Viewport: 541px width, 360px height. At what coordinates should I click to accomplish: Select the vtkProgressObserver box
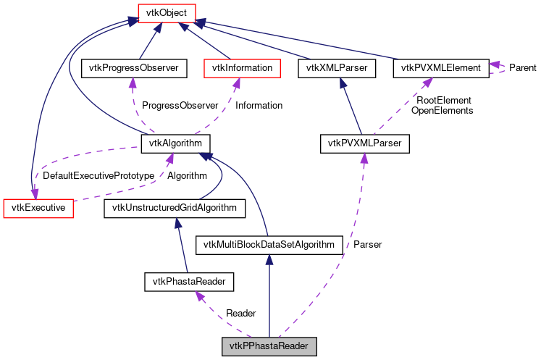(x=134, y=69)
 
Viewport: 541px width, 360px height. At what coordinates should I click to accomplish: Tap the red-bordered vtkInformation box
(x=242, y=69)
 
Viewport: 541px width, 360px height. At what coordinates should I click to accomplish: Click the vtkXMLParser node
(x=337, y=69)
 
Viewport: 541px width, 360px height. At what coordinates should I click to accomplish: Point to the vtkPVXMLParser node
(x=365, y=143)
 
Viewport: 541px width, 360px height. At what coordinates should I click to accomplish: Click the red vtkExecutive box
(x=34, y=209)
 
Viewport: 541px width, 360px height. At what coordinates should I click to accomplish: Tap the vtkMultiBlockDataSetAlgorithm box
(x=269, y=245)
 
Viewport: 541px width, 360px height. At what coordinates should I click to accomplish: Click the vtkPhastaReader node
(x=189, y=281)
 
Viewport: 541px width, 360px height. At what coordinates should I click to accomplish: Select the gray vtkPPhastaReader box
(x=269, y=346)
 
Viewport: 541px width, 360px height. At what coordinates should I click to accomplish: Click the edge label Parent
(x=522, y=68)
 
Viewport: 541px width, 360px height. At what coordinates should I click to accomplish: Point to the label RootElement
(x=444, y=101)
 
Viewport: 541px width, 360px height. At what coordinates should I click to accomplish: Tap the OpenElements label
(x=442, y=111)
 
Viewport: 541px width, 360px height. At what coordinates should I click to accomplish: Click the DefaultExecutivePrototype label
(x=98, y=176)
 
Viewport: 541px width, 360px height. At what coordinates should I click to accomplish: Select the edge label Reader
(x=241, y=314)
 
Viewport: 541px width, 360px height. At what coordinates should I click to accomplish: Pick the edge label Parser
(x=367, y=245)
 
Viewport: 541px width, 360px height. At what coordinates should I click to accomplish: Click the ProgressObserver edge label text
(x=180, y=106)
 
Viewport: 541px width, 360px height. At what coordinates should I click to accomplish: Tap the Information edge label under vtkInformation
(x=259, y=106)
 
